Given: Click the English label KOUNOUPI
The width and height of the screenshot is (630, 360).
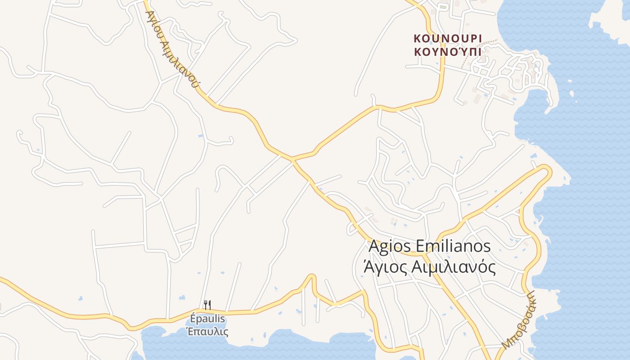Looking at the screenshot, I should (x=448, y=38).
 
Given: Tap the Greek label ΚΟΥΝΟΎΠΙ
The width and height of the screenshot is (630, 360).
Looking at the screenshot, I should (x=448, y=51).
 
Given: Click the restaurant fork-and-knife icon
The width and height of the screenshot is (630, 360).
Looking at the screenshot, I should (x=207, y=305).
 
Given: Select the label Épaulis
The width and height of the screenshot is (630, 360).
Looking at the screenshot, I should (x=207, y=319).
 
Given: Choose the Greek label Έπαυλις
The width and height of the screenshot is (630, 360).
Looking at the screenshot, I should (x=207, y=332).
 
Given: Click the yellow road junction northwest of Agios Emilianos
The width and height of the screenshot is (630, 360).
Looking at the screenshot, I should (x=292, y=159).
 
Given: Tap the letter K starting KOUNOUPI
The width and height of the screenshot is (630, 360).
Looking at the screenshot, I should (x=417, y=38).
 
